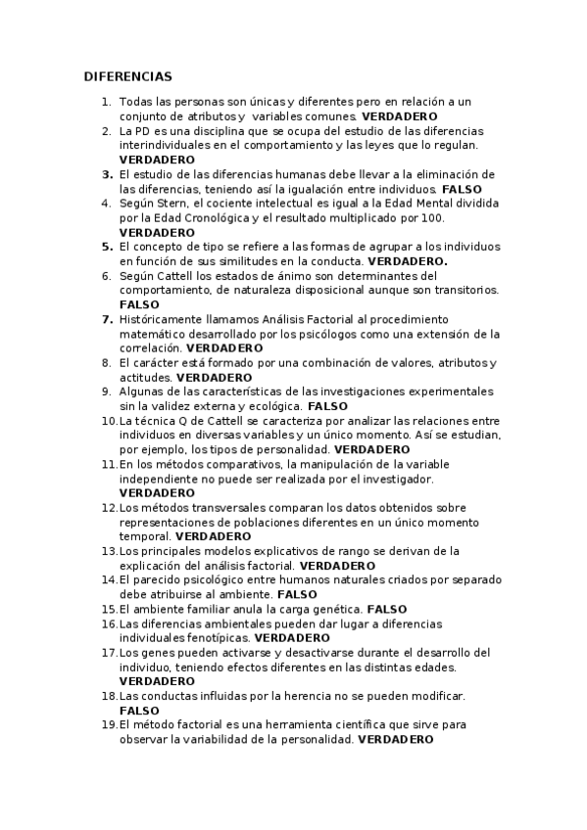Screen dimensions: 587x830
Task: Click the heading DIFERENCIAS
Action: pos(127,76)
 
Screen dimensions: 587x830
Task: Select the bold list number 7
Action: pos(107,319)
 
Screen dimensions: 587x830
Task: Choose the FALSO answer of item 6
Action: pos(138,304)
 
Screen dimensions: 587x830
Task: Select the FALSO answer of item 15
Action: pos(386,609)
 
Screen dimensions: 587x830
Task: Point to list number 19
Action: pos(109,724)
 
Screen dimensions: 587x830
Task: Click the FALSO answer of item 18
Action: pos(138,710)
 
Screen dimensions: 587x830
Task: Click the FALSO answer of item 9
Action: pos(327,405)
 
